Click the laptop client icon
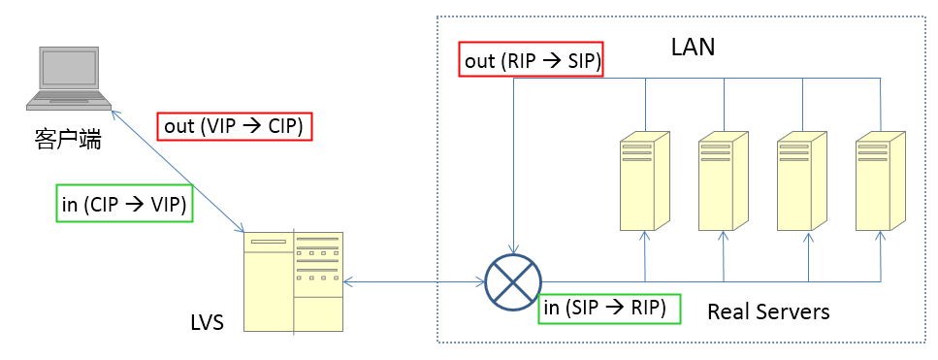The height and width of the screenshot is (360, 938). [x=69, y=78]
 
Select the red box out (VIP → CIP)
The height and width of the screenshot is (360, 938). [x=235, y=126]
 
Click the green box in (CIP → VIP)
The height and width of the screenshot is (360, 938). [x=124, y=204]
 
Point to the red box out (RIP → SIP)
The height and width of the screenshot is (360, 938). [x=531, y=60]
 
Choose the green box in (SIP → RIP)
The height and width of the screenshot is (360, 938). [x=609, y=309]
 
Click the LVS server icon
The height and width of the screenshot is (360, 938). [x=293, y=281]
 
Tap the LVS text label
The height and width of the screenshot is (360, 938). [x=207, y=323]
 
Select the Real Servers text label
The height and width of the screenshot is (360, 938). [x=768, y=311]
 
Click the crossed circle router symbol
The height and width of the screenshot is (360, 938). [x=513, y=281]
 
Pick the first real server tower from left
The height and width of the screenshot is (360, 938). [x=645, y=181]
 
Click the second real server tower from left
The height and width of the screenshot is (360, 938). [x=724, y=181]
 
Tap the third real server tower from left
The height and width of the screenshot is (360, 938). [x=801, y=181]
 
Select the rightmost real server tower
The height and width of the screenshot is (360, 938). [x=880, y=181]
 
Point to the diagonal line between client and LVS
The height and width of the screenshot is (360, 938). [x=178, y=171]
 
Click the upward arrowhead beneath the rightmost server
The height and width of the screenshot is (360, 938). [x=880, y=236]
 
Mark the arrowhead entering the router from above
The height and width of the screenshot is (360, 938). [x=513, y=248]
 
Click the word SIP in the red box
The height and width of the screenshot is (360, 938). [x=580, y=60]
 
